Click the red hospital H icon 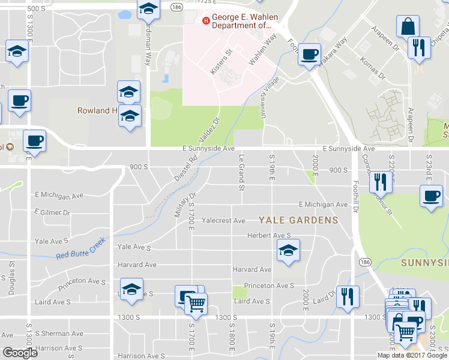[206, 21]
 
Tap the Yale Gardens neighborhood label [298, 220]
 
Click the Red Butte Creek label [80, 248]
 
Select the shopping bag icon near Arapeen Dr [408, 27]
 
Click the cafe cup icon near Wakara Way [310, 54]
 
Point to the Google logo [20, 353]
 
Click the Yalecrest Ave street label [223, 221]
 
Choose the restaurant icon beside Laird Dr [348, 297]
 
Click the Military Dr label [186, 205]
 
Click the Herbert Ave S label [269, 236]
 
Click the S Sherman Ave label [59, 334]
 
